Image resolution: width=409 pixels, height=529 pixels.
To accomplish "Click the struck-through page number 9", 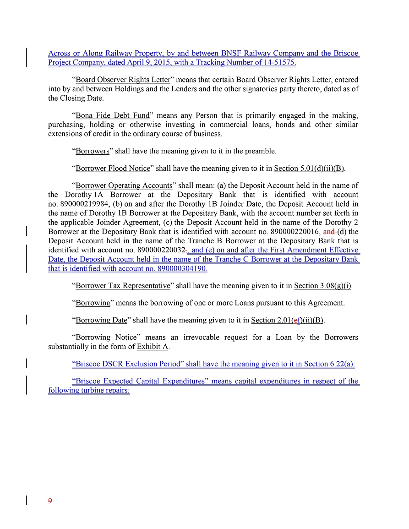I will click(x=50, y=501).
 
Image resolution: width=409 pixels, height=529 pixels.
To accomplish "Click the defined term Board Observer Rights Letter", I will click(x=123, y=80).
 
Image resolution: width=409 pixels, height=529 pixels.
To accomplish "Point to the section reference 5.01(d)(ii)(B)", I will click(x=309, y=169).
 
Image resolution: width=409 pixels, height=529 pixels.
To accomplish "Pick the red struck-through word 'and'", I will click(x=328, y=232).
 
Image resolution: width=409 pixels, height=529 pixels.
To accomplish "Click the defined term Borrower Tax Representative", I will click(x=123, y=286).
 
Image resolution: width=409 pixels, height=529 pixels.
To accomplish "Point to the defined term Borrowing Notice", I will click(x=106, y=338).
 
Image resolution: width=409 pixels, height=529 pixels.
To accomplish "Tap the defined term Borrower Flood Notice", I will click(x=113, y=169).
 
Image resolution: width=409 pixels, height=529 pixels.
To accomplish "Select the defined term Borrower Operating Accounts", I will click(x=124, y=186).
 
